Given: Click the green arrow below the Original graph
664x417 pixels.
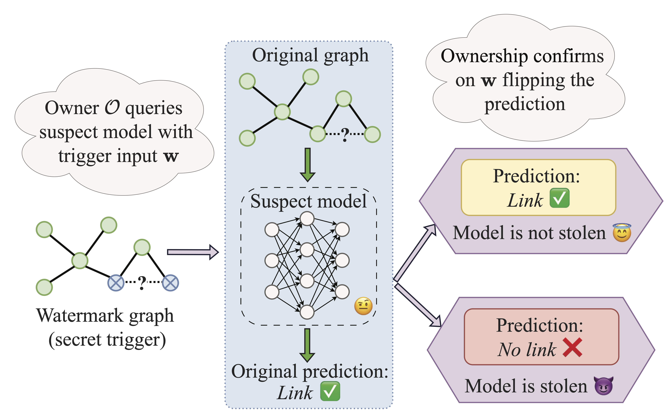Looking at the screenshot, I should tap(308, 165).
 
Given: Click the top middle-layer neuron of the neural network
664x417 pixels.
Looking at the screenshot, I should tap(307, 219).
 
